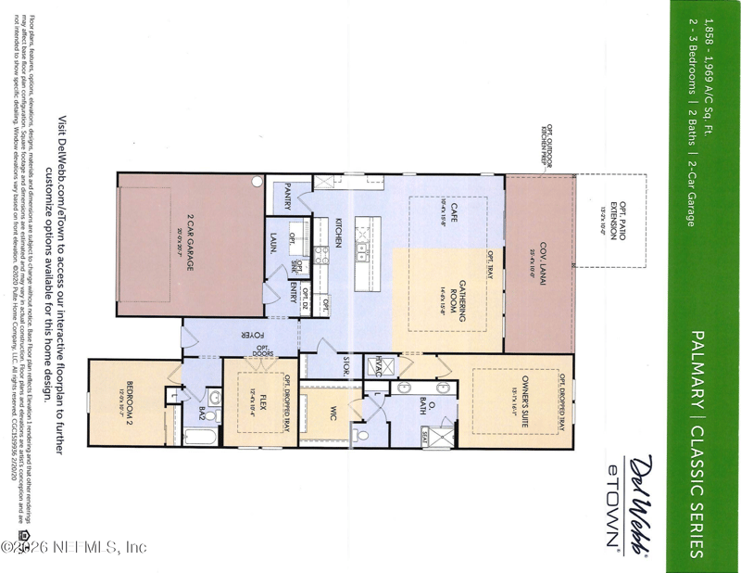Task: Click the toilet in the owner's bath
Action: point(364,433)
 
